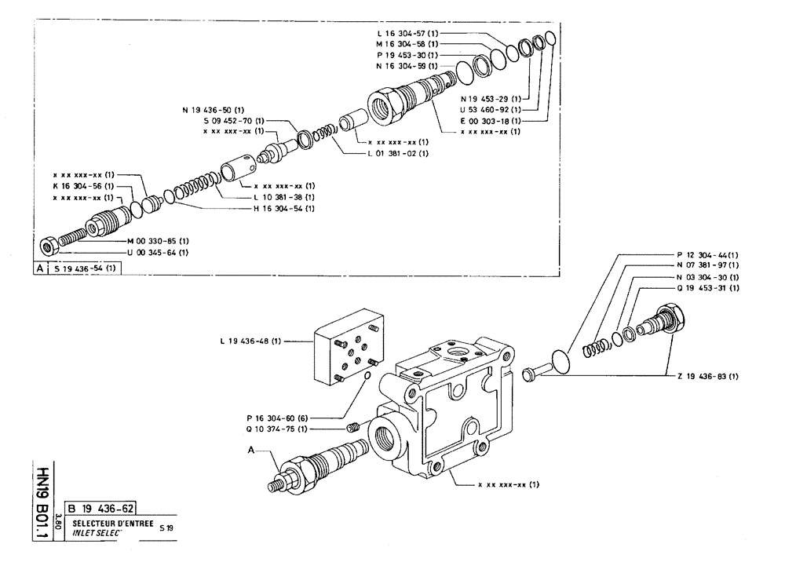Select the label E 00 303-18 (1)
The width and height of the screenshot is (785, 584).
coord(491,121)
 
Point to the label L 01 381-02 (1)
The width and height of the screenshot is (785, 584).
coord(398,153)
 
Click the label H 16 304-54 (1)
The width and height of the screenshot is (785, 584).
coord(283,208)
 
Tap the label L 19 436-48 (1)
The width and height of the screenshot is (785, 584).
coord(251,341)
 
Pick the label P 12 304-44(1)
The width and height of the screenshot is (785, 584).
coord(707,255)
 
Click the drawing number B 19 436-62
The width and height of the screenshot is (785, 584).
coord(105,507)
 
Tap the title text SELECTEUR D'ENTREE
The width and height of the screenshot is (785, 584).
coord(109,523)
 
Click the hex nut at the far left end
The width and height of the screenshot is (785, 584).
coord(47,246)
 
